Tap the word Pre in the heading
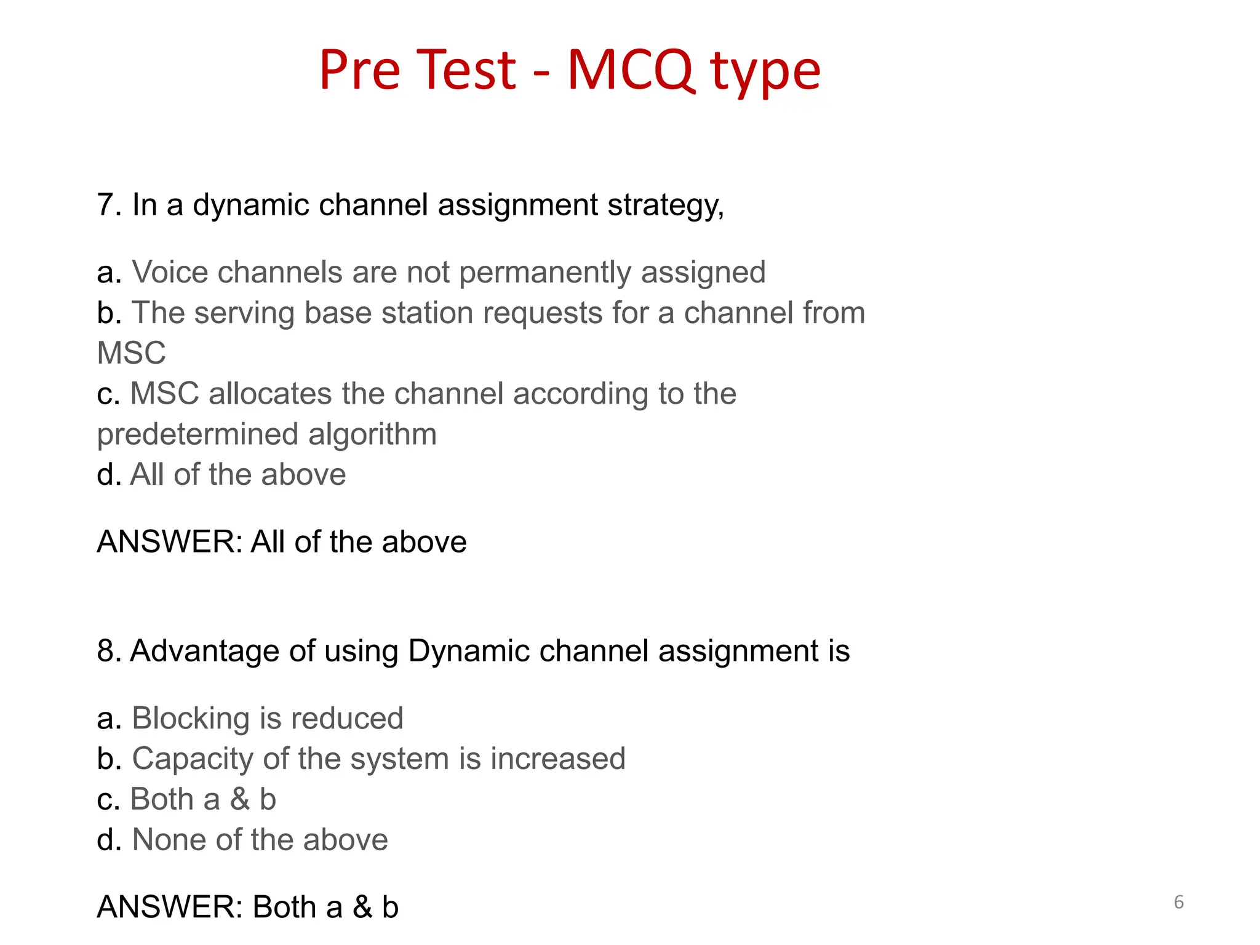tap(360, 70)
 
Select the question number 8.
tap(105, 651)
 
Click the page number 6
tap(1179, 902)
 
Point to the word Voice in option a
tap(170, 273)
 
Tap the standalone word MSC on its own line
tap(131, 353)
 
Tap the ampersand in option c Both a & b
tap(239, 799)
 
